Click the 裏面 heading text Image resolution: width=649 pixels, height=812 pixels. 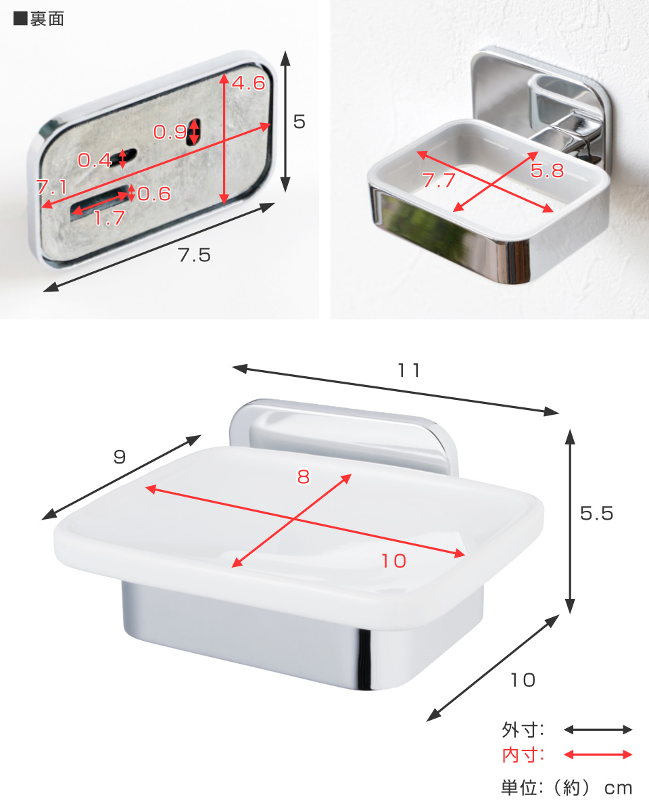(47, 18)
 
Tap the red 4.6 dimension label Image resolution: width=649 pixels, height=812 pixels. (249, 83)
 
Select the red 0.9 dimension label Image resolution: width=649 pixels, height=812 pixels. (170, 132)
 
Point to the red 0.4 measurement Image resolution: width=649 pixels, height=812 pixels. (95, 160)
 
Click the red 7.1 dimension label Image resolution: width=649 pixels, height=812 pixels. (52, 187)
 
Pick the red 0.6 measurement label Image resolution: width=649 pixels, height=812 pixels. (154, 194)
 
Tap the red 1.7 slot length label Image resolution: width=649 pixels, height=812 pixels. (110, 218)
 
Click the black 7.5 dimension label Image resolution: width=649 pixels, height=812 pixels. (194, 255)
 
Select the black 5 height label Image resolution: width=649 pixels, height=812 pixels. (299, 122)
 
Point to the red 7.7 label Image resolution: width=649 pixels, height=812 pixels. (438, 180)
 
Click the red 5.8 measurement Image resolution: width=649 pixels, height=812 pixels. (547, 171)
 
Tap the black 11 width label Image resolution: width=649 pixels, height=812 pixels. (409, 370)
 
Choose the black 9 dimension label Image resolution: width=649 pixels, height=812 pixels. (120, 457)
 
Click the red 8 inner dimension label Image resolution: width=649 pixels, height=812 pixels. (304, 476)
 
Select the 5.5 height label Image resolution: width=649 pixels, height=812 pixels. (596, 513)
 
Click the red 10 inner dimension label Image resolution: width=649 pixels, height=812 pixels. (394, 561)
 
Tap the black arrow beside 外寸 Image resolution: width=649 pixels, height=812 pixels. (598, 729)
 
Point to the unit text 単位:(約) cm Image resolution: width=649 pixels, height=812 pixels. (567, 788)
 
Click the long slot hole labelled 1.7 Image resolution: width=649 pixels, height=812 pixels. (100, 202)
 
